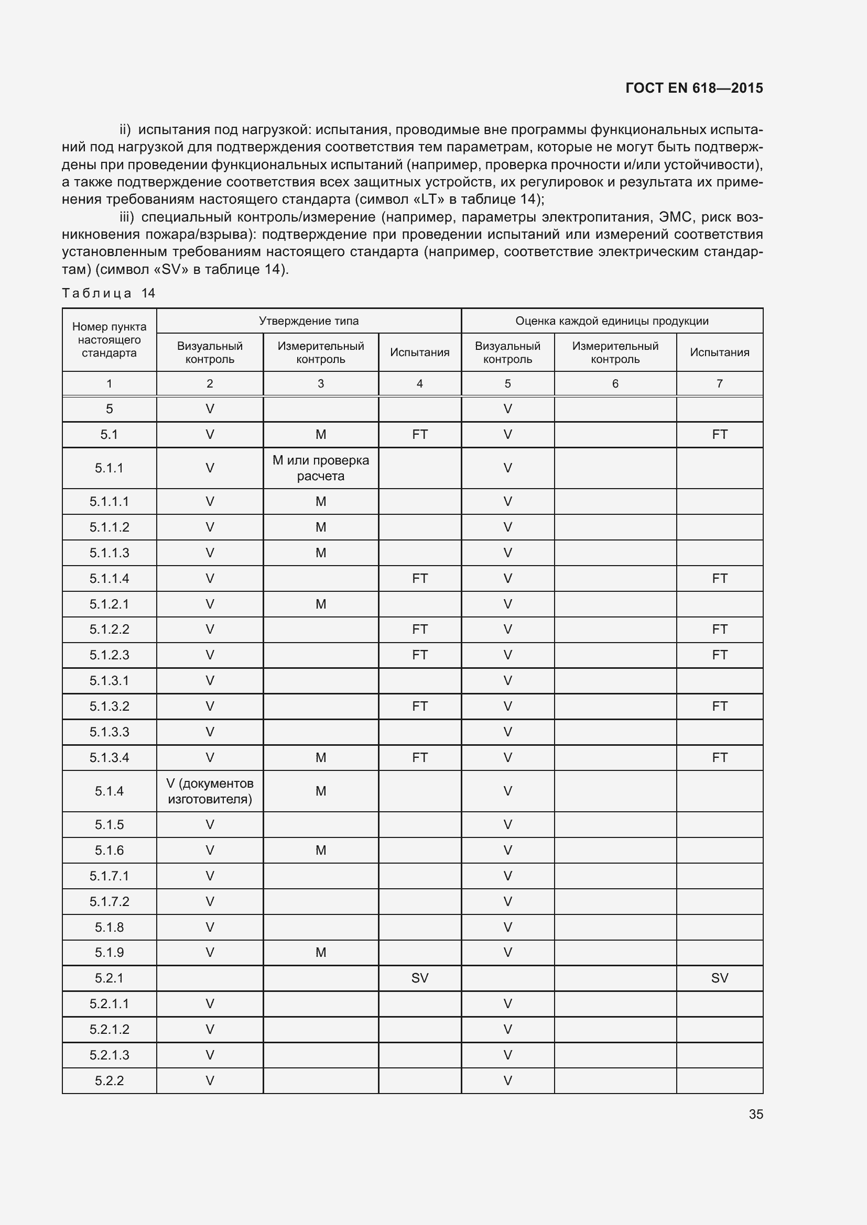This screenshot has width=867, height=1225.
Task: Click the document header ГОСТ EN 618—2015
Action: pos(693,88)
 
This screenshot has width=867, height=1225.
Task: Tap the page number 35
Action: pos(755,1114)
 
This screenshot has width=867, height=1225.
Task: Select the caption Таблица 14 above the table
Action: pos(109,293)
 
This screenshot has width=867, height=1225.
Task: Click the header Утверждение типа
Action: pos(309,321)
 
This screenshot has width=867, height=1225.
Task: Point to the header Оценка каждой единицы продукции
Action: pos(612,321)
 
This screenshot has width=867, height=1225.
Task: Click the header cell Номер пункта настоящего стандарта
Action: pos(109,340)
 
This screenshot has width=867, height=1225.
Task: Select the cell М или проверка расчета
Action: pos(320,468)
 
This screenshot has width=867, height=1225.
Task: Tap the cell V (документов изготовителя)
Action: pos(210,791)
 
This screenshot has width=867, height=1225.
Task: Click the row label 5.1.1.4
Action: pos(109,578)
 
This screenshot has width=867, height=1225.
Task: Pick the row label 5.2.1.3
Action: pos(109,1055)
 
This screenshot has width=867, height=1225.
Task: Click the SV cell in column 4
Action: pos(420,978)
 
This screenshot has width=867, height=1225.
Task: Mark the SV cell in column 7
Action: pos(719,978)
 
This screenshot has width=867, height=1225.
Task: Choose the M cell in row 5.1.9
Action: pos(320,952)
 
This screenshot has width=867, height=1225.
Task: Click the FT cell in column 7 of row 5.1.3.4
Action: pos(719,758)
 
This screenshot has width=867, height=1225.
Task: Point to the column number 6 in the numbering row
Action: pos(615,383)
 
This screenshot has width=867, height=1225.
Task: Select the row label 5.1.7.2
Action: pos(109,901)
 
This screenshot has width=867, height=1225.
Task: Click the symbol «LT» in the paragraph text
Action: pos(429,200)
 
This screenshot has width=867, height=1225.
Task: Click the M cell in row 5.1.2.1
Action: pos(320,604)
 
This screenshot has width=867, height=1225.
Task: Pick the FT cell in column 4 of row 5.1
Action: pos(420,434)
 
